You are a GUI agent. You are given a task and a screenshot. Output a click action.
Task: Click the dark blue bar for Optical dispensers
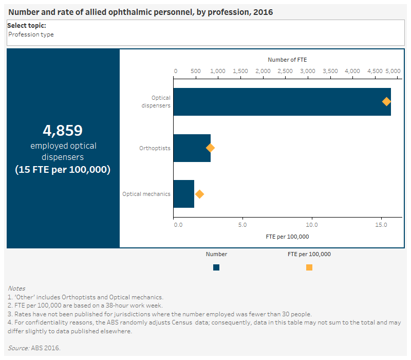coord(282,102)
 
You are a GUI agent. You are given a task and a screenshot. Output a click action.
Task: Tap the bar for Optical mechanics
coord(183,194)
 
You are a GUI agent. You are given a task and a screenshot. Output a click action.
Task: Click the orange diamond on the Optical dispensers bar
coord(386,102)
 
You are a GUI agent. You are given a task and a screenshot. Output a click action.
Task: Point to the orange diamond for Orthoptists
coord(210,148)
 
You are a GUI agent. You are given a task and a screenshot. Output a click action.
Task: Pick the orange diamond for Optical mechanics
coord(199,194)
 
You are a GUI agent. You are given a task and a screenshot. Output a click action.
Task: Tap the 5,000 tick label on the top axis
coord(393,71)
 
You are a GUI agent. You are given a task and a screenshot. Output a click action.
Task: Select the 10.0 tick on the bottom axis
coord(312,225)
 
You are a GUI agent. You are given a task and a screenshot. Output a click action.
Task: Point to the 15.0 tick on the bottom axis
coord(381,225)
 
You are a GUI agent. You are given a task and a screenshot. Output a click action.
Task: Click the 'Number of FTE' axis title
coord(287,60)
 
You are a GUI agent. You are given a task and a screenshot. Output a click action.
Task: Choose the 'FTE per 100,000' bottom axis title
coord(287,237)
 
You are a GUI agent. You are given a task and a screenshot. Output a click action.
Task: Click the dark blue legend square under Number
coord(216,267)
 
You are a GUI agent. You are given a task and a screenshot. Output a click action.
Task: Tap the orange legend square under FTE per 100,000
coord(309,267)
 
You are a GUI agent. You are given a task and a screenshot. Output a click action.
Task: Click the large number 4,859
coord(63,130)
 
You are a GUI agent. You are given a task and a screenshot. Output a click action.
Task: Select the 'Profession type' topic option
coord(31,34)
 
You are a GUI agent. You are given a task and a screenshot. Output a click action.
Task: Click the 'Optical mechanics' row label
coord(146,194)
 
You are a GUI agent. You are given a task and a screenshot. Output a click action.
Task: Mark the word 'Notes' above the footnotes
coord(16,289)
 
